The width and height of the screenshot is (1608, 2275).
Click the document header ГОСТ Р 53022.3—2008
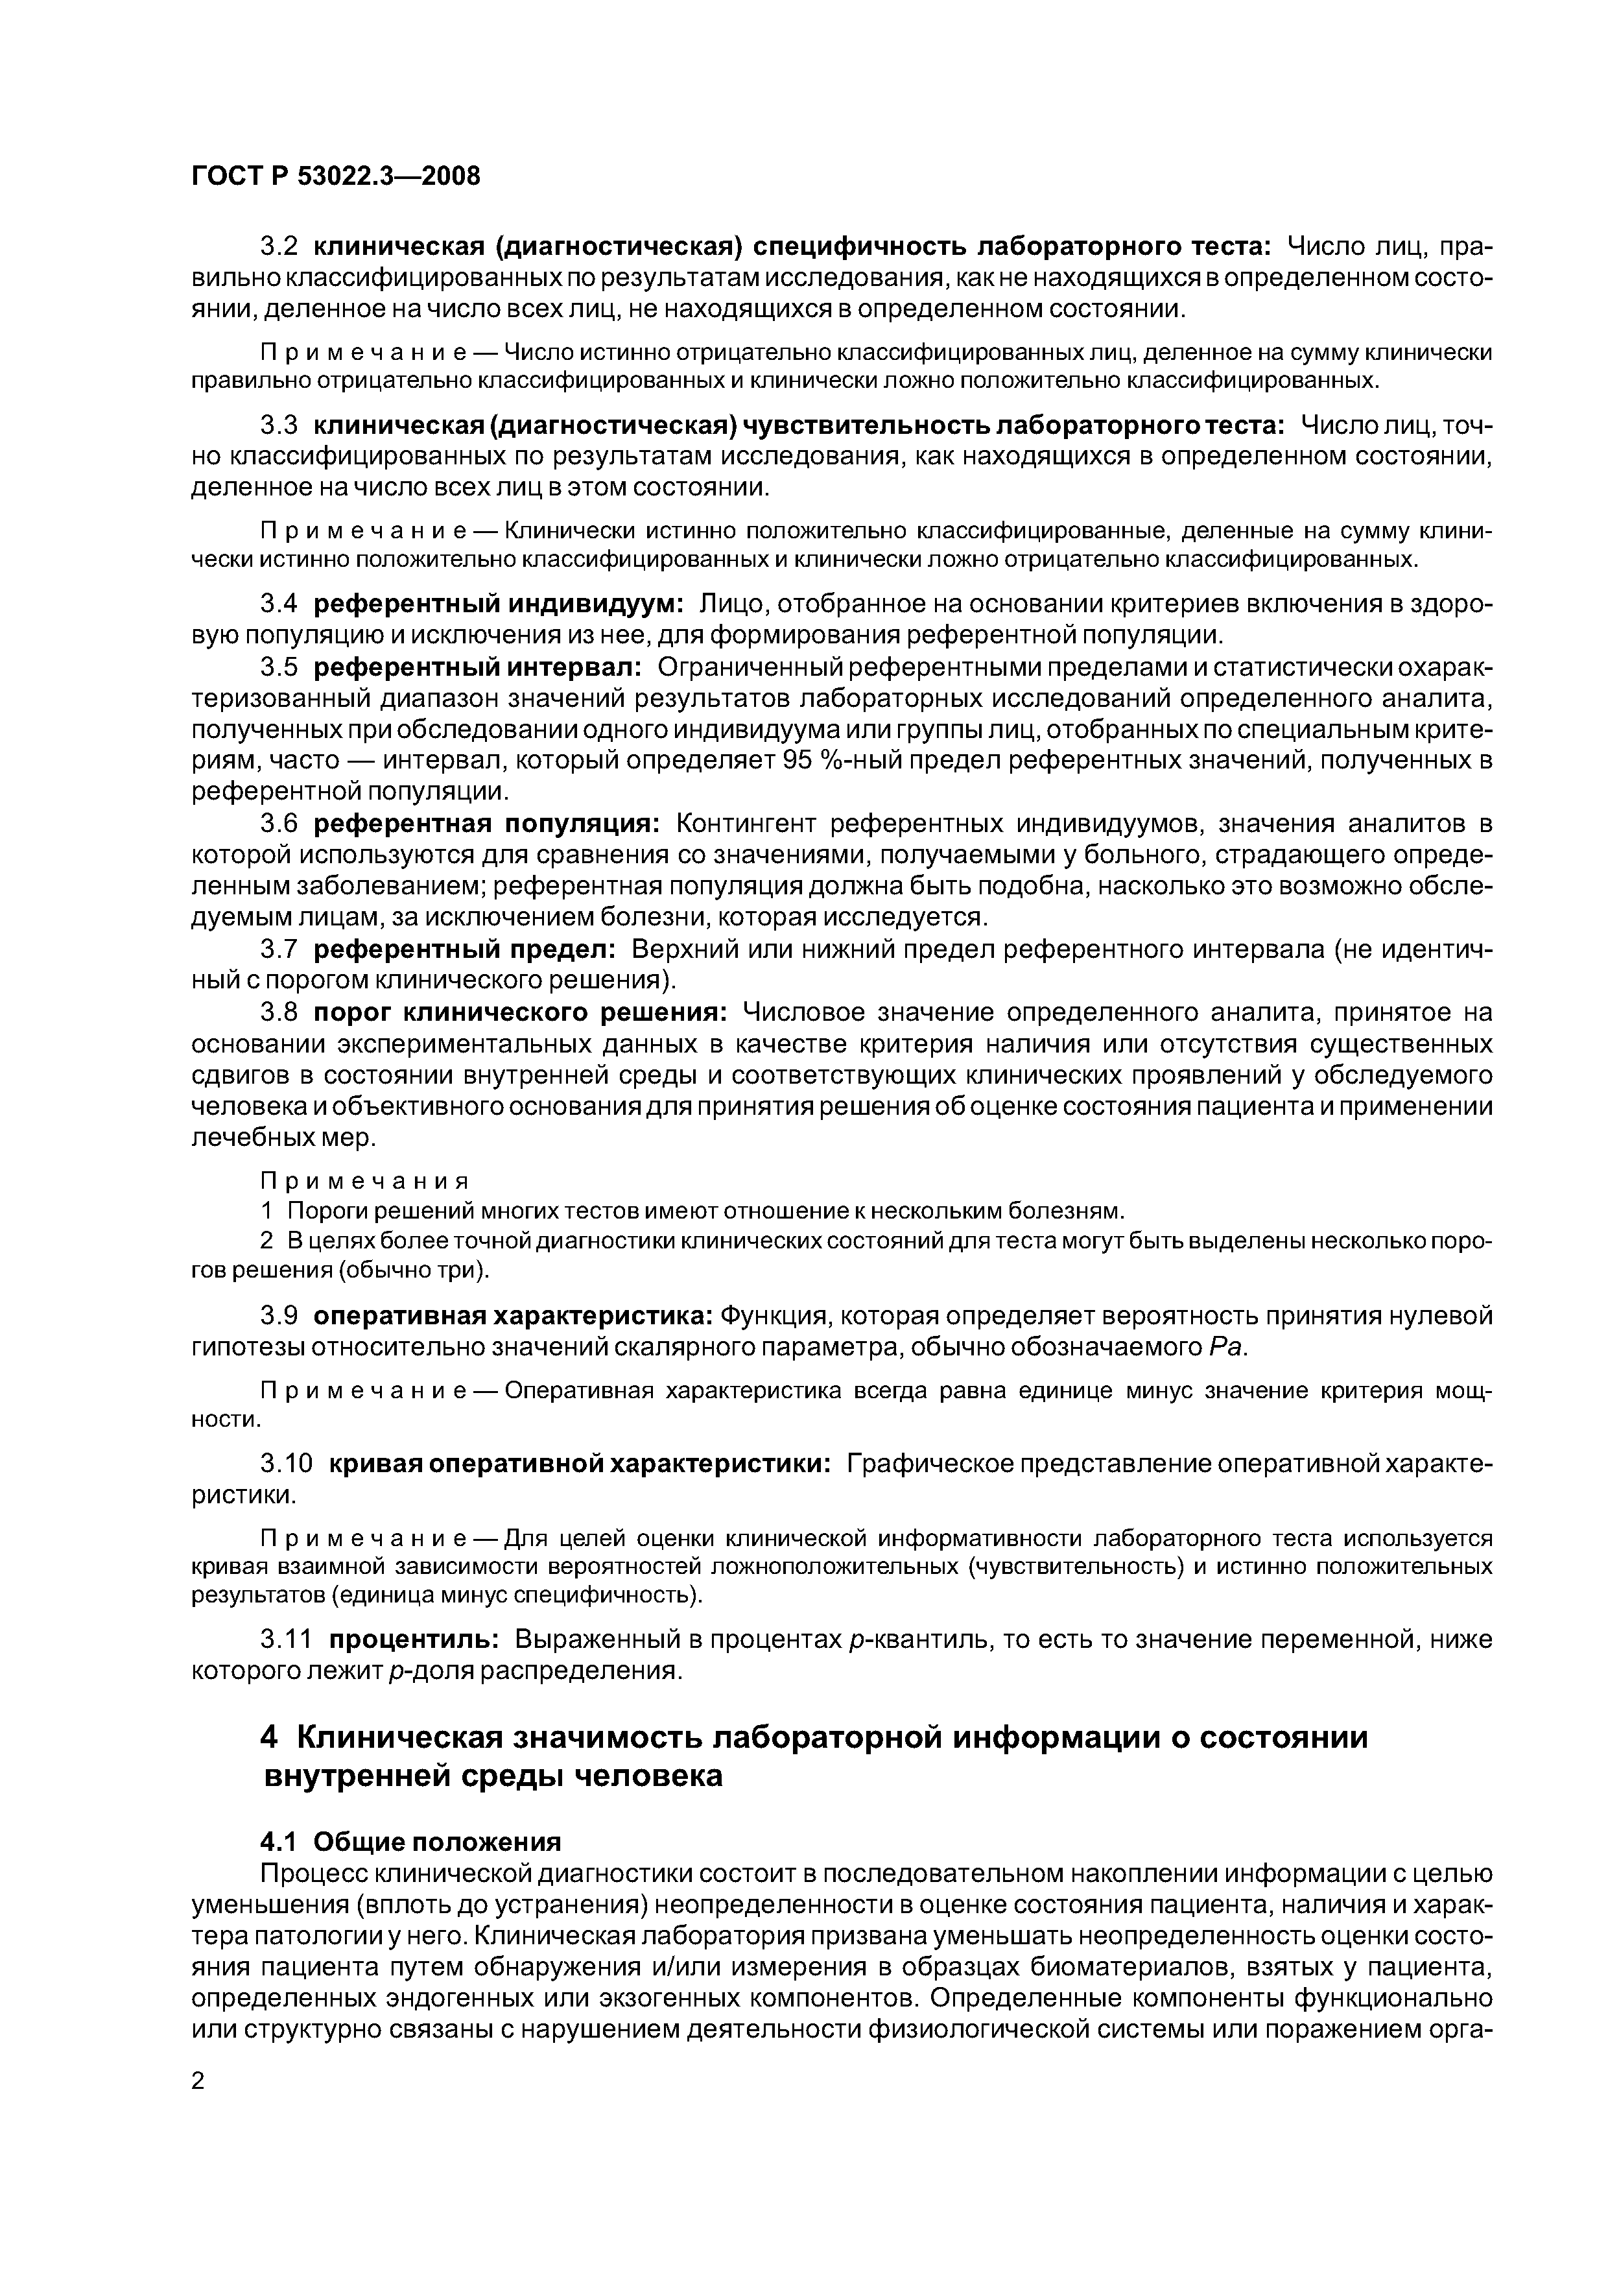point(335,176)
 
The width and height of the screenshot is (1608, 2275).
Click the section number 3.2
point(278,246)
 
